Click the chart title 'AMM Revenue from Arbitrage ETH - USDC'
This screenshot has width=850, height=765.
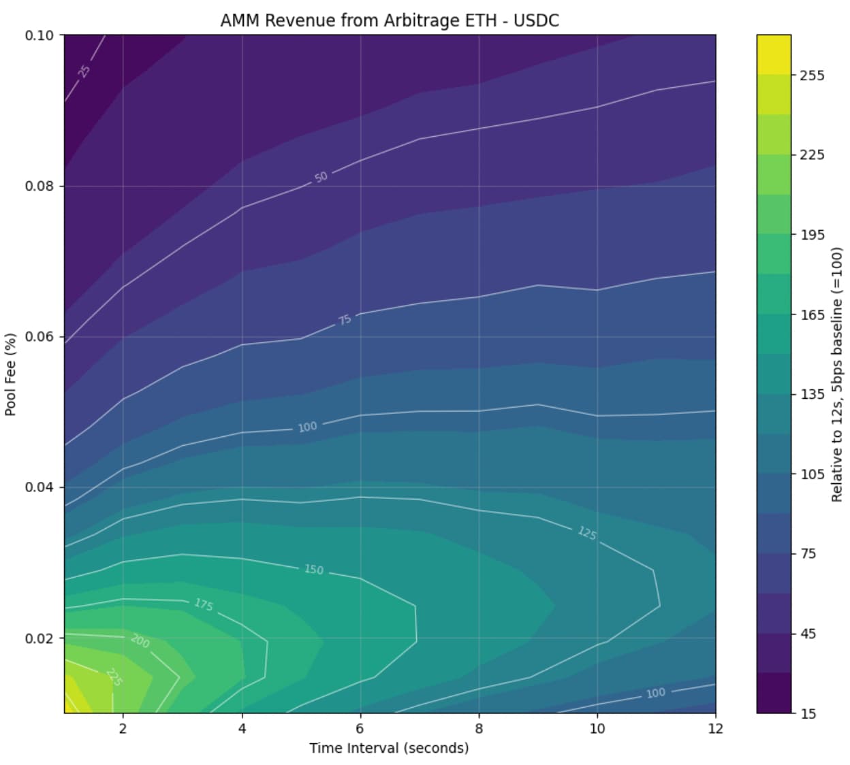click(390, 20)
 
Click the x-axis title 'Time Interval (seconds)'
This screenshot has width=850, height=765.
click(389, 748)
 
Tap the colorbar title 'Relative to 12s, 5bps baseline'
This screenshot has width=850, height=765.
click(837, 374)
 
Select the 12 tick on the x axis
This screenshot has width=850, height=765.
click(716, 728)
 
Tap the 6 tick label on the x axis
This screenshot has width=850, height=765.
click(360, 728)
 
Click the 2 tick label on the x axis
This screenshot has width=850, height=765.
click(123, 728)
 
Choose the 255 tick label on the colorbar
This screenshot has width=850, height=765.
click(812, 76)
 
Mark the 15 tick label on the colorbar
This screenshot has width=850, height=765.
click(808, 714)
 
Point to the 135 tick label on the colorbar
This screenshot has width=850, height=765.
click(812, 395)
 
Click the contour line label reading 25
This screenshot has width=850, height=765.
click(84, 71)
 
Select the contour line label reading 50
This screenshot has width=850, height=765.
click(321, 177)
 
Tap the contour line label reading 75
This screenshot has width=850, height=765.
click(345, 320)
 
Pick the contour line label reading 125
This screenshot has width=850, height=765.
click(587, 534)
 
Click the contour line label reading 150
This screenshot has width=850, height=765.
click(313, 569)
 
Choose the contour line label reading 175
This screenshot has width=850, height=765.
click(203, 604)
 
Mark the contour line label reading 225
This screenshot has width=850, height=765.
click(114, 678)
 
